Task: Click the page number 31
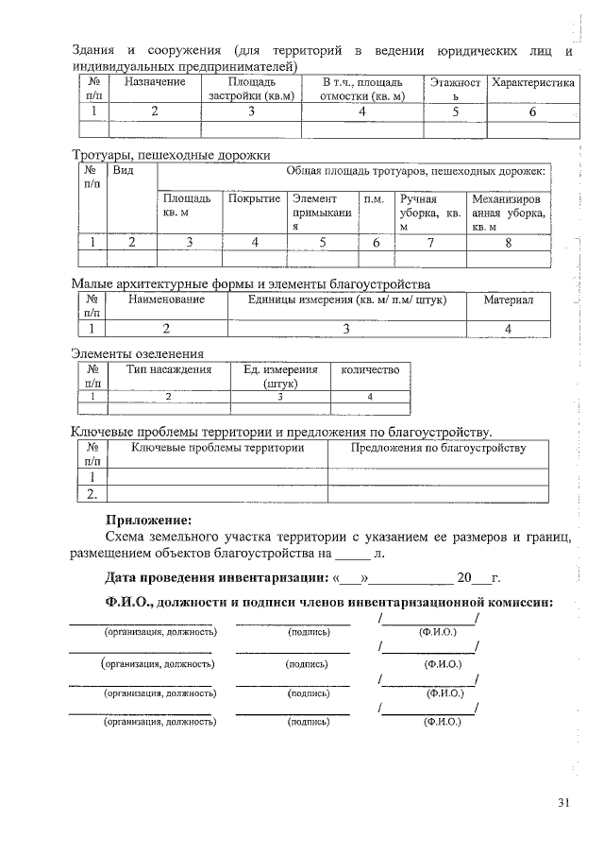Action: pos(563,803)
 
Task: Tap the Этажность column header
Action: pos(455,89)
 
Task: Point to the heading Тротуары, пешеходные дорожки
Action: pos(171,155)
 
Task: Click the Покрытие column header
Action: pos(255,200)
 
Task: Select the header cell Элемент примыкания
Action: pos(321,214)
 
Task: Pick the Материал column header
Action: pos(509,299)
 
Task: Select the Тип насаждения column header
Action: pos(168,369)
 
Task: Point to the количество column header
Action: pos(370,369)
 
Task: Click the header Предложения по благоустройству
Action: pos(438,448)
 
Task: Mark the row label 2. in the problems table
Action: pos(92,493)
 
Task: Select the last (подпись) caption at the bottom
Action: pos(308,722)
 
